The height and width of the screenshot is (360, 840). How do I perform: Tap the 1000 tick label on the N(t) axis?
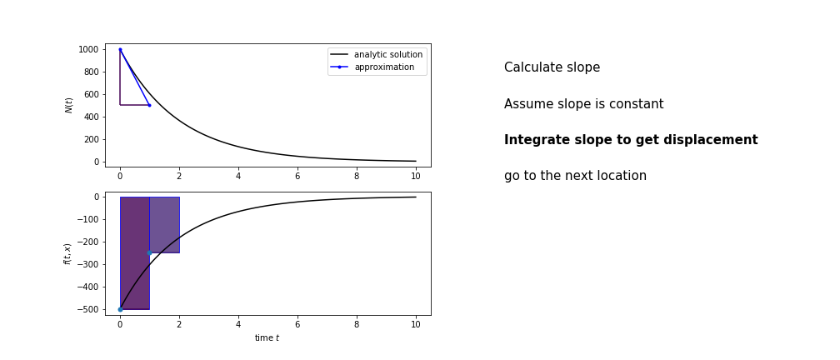pos(87,49)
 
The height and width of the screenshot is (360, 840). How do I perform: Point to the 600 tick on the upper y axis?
pos(92,94)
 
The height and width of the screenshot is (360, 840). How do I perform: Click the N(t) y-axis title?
pos(68,105)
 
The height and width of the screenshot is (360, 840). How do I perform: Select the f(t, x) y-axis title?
pos(67,253)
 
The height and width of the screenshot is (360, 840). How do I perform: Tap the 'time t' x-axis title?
pos(267,338)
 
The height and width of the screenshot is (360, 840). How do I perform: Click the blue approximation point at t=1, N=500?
pos(149,105)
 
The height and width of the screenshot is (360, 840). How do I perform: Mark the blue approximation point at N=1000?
pos(120,49)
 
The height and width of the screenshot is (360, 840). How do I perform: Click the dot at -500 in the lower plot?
pos(120,310)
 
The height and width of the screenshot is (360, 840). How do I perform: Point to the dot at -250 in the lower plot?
pos(149,252)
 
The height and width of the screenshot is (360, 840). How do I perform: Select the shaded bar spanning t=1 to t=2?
pos(164,225)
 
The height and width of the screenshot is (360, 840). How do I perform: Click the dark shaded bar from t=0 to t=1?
pos(135,253)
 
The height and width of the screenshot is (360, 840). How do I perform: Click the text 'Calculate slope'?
pos(552,67)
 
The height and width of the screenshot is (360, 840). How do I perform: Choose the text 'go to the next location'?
pos(575,176)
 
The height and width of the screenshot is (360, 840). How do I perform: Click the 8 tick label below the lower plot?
pos(357,325)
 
